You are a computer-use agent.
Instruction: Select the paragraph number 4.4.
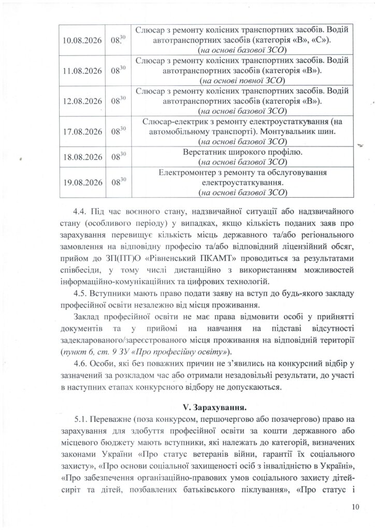[x=82, y=213]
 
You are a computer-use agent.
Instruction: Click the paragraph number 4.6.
[x=82, y=364]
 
